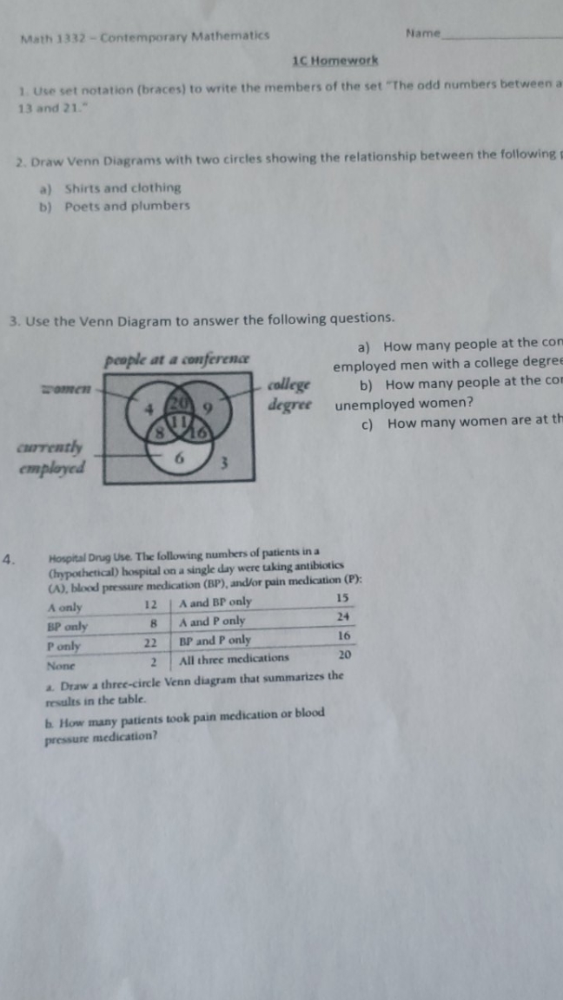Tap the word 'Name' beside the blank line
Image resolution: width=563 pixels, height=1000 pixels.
423,33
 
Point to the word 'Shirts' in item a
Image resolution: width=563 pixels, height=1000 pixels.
83,187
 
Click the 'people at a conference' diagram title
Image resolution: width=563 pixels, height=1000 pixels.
177,359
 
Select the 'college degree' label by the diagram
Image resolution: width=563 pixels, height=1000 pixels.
289,394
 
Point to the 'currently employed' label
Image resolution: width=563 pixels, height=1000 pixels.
52,457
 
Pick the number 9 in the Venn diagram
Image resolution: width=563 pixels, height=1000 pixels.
208,404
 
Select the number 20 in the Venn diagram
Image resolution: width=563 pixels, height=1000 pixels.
177,404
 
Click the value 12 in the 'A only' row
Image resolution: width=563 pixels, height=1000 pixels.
149,604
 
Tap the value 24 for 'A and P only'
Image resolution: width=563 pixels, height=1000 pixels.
343,617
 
